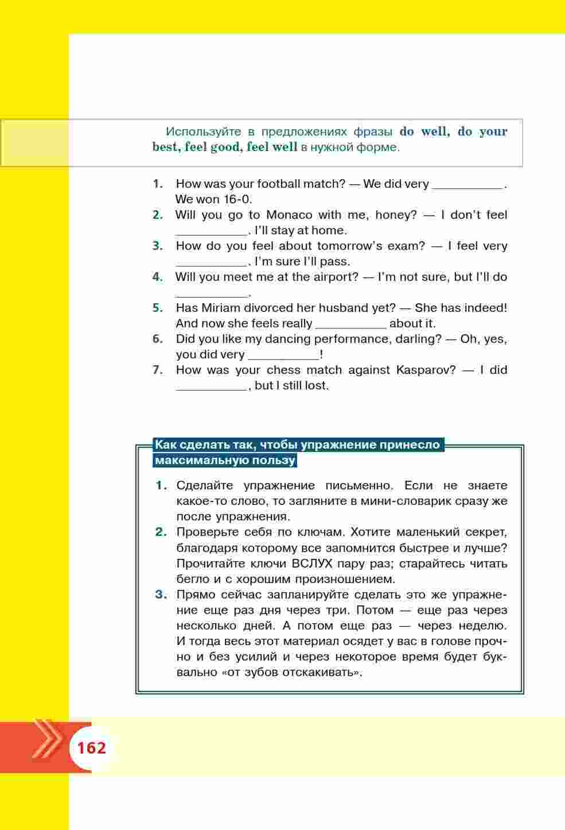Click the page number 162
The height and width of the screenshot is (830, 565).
(x=92, y=748)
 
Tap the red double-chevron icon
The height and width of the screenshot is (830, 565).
(x=47, y=739)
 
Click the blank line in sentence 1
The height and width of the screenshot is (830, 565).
(x=467, y=184)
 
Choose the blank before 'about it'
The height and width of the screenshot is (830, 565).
(x=350, y=324)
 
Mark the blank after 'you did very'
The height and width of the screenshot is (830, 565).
(x=283, y=355)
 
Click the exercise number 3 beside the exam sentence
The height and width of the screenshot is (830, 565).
(x=158, y=246)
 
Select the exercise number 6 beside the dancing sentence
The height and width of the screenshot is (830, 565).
(x=158, y=339)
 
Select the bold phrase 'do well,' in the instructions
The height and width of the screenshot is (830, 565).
(x=425, y=132)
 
